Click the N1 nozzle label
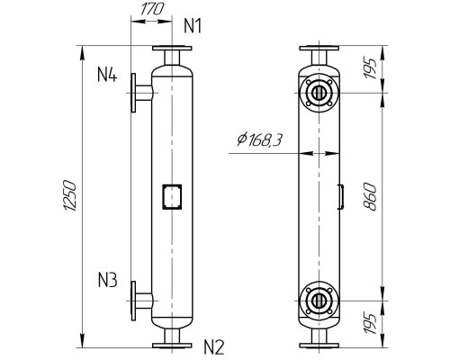click(x=193, y=26)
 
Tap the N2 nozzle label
click(x=214, y=347)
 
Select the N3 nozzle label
click(x=107, y=280)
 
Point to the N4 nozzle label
click(x=107, y=75)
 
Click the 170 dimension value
click(x=152, y=9)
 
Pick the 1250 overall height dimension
click(x=69, y=195)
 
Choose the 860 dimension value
click(x=369, y=197)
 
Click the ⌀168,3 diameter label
click(x=259, y=139)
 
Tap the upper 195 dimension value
click(x=370, y=69)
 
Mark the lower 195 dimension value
click(x=370, y=324)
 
